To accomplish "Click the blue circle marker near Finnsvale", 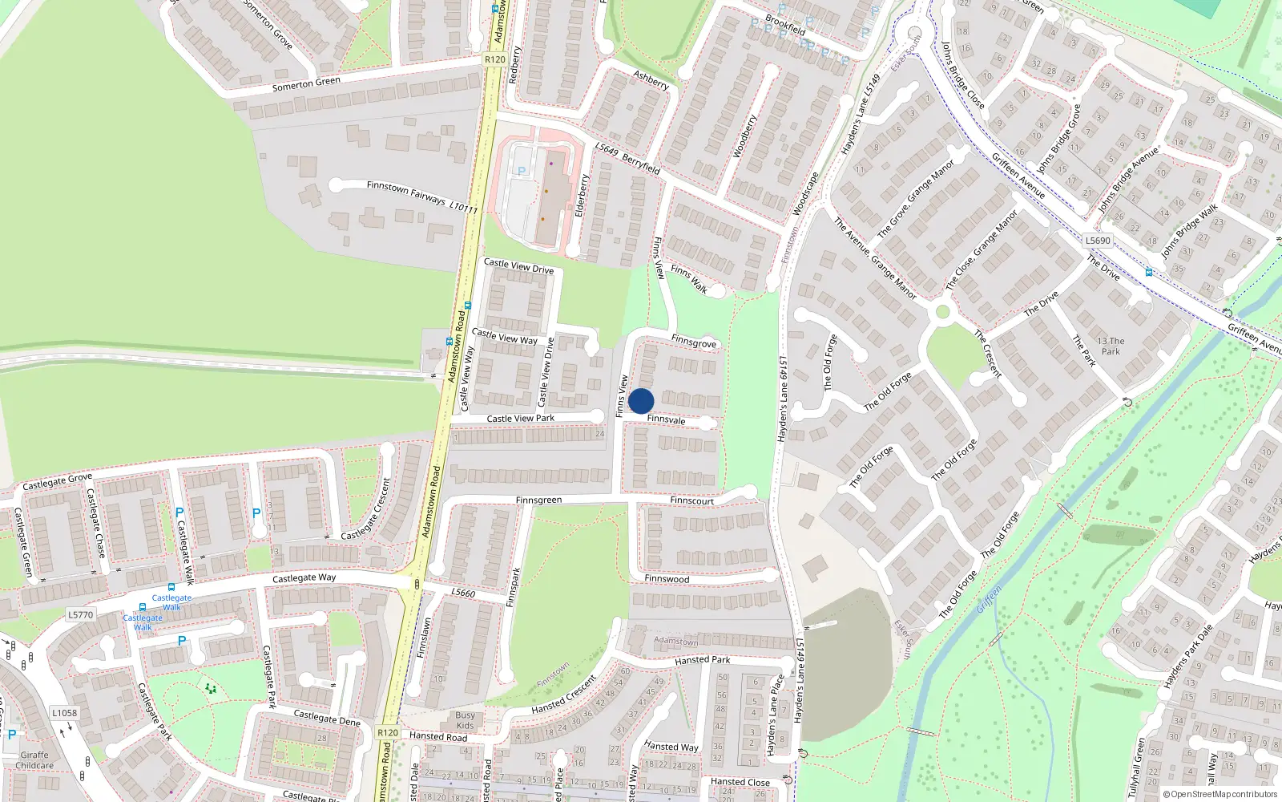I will (641, 401).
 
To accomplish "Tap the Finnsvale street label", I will (666, 419).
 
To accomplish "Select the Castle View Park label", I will (520, 419).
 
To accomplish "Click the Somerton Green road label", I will (306, 83).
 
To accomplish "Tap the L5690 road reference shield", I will (1098, 241).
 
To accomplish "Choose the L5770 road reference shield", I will (80, 615).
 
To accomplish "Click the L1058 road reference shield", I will (64, 713).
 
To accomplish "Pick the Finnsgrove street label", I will (694, 342).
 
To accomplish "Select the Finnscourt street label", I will (691, 501).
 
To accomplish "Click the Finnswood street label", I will (667, 579).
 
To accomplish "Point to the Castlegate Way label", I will (304, 578).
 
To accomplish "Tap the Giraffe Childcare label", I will (34, 760).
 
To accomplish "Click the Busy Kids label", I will (465, 720).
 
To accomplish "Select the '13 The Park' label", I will (1111, 346).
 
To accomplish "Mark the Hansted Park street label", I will (702, 661).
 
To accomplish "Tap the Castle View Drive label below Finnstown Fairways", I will (518, 266).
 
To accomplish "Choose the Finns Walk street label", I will (689, 279).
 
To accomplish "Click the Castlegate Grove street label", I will (57, 482).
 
